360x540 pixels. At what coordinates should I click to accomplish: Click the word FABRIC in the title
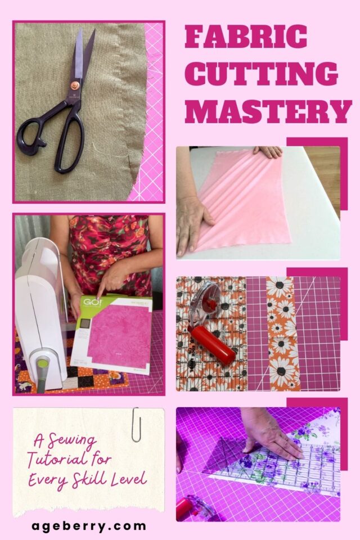(246, 37)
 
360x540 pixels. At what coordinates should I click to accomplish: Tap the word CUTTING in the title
(261, 74)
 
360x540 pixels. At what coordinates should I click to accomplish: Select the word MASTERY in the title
(268, 111)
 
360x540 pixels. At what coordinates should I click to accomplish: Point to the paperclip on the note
(136, 424)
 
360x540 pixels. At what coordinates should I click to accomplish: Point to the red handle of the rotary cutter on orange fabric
(211, 345)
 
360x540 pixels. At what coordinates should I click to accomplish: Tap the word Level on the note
(130, 479)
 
